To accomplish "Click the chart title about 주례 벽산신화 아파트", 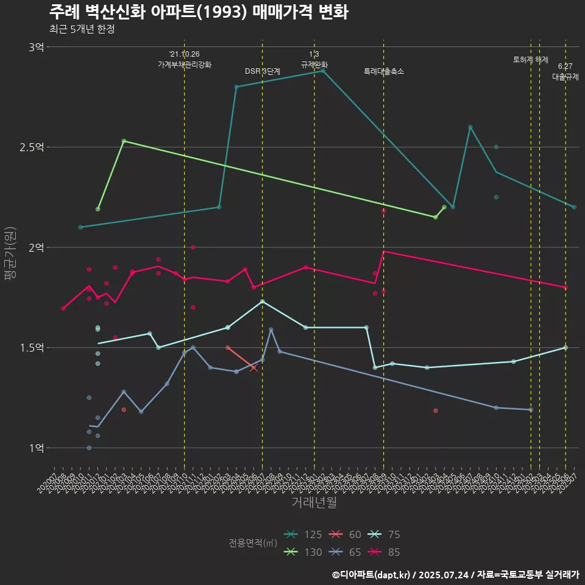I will point(198,12).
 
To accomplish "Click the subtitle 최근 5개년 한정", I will point(82,29).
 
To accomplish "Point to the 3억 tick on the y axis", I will point(37,47).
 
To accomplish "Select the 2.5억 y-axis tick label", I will point(32,147).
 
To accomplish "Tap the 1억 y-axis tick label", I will point(37,448).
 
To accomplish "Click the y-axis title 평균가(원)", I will point(10,253).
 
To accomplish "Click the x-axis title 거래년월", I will point(314,502).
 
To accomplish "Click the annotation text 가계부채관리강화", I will point(185,65).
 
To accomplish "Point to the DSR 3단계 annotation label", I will point(263,71).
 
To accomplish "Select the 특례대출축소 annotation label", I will point(384,71).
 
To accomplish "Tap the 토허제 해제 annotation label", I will point(531,60).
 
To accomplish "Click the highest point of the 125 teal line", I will point(323,71).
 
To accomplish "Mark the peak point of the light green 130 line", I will point(124,141).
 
